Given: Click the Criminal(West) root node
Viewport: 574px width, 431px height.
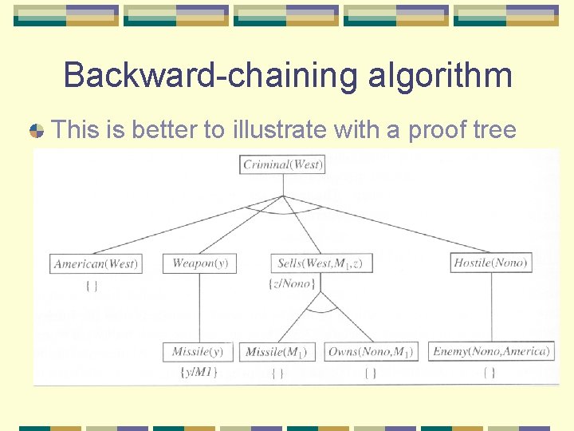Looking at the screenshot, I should [282, 165].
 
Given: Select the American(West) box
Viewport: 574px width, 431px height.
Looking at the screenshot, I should [96, 263].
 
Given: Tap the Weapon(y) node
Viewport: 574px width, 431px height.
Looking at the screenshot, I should [199, 263].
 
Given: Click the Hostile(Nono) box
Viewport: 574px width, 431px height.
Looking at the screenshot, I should [491, 263].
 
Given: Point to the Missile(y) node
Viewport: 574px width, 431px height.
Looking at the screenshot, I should [199, 352].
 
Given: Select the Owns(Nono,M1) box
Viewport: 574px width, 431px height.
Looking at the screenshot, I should [371, 352].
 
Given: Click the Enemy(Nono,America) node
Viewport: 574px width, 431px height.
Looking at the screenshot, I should [491, 351].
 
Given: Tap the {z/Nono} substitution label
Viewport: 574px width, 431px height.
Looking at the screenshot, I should [293, 283].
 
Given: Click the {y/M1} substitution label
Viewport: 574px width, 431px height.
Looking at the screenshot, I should [199, 371].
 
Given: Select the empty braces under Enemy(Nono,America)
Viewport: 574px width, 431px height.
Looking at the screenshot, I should [489, 372].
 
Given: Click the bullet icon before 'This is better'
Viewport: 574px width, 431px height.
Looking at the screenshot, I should [37, 131].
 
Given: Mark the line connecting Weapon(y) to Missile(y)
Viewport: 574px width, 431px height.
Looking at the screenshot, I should [199, 307].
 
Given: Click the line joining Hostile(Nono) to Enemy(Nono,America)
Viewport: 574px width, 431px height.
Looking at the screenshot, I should [491, 307].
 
